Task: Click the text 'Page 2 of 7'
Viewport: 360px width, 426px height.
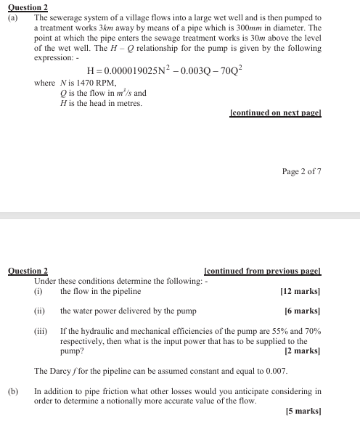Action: [301, 172]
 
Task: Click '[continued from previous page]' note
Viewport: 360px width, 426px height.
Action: [263, 271]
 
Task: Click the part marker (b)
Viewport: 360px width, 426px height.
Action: [13, 391]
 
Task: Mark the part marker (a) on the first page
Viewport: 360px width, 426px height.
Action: [13, 17]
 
